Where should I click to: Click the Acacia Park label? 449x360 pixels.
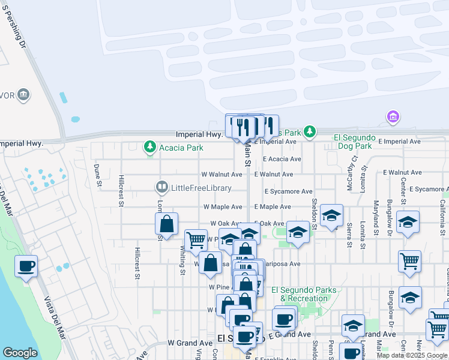(179, 146)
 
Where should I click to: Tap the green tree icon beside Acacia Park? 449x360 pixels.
(149, 146)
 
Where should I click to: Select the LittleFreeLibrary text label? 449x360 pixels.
(202, 188)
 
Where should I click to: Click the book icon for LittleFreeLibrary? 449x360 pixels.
(162, 188)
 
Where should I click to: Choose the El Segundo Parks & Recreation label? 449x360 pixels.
(304, 294)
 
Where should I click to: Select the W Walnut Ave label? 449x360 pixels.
(221, 175)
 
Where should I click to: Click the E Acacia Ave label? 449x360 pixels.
(282, 159)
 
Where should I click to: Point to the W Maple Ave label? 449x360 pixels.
(223, 206)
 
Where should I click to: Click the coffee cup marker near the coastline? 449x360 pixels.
(26, 266)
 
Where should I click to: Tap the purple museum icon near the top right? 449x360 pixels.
(393, 116)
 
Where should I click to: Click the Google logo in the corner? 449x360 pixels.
(20, 353)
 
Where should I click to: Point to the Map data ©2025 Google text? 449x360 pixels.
(412, 355)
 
